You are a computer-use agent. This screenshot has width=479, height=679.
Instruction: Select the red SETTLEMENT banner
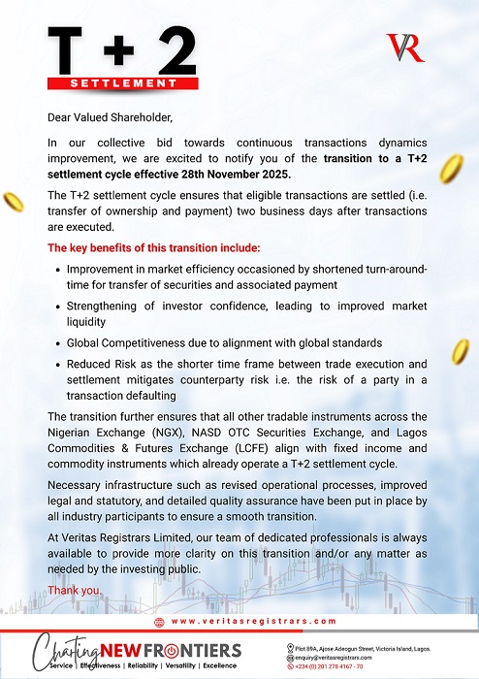124,83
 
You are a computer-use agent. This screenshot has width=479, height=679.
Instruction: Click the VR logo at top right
404,48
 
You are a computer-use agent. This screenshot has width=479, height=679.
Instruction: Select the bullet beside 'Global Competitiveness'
58,343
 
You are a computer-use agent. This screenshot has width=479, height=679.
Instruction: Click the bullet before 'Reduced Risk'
58,364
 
